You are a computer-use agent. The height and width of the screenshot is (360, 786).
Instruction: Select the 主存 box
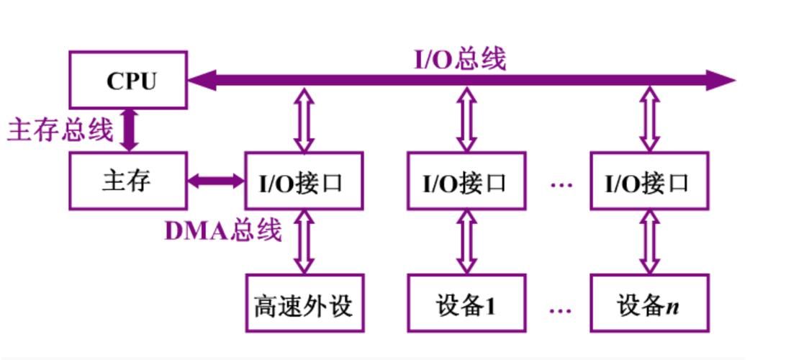(x=128, y=181)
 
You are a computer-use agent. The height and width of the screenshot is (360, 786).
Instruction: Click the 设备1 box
(x=466, y=303)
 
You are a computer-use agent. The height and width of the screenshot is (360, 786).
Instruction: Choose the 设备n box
(x=649, y=303)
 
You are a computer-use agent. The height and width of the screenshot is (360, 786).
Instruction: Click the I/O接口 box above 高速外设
(x=304, y=181)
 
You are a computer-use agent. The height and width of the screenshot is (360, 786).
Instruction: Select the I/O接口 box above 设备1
(x=466, y=181)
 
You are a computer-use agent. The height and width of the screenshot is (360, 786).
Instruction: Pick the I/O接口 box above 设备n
(x=649, y=181)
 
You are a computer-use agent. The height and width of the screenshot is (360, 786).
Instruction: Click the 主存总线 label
(x=60, y=130)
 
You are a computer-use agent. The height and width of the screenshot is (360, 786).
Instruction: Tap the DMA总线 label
(x=223, y=230)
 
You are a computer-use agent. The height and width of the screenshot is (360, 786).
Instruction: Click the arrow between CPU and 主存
(x=129, y=130)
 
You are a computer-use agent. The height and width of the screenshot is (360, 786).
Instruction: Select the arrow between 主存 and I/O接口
(x=216, y=181)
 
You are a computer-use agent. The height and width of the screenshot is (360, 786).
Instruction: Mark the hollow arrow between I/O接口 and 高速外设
(x=304, y=242)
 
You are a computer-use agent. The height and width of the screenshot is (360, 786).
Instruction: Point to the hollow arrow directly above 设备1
(x=466, y=242)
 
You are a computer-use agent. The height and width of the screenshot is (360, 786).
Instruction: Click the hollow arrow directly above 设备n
(x=649, y=242)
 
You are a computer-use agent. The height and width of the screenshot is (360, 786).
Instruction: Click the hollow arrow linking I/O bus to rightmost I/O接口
(x=649, y=120)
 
